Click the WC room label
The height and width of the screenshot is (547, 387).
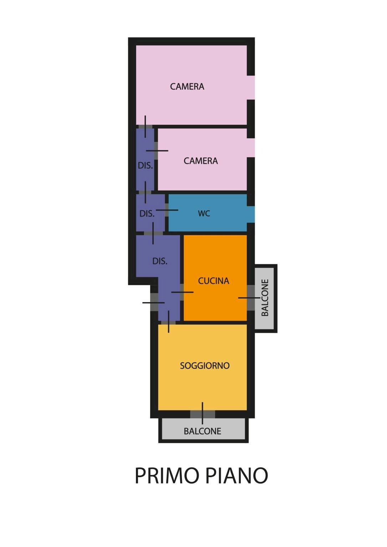[x=204, y=213]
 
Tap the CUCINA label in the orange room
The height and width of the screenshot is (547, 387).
[x=213, y=281]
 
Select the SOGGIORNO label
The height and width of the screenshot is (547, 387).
[x=205, y=366]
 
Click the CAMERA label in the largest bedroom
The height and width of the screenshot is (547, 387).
[x=187, y=87]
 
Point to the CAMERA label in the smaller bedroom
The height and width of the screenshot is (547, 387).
[x=201, y=161]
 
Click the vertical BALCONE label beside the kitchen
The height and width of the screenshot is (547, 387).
[x=265, y=298]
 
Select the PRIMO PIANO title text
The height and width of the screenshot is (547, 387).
[x=202, y=475]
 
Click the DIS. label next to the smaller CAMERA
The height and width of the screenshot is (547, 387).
[x=145, y=166]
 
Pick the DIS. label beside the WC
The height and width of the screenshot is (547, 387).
[x=147, y=214]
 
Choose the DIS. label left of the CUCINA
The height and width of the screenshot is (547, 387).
[x=160, y=261]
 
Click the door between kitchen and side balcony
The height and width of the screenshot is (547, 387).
[x=251, y=298]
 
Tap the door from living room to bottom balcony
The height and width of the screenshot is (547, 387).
[x=203, y=414]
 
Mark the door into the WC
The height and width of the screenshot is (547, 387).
[x=167, y=210]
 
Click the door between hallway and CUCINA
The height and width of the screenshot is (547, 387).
[x=182, y=292]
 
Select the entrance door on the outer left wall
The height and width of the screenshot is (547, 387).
[x=154, y=302]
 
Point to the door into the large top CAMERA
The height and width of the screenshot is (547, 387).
[x=145, y=127]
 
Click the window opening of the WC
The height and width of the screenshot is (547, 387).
[x=251, y=215]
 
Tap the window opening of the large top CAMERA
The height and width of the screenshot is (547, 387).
[x=251, y=87]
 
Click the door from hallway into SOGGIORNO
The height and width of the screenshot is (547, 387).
[x=168, y=322]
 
